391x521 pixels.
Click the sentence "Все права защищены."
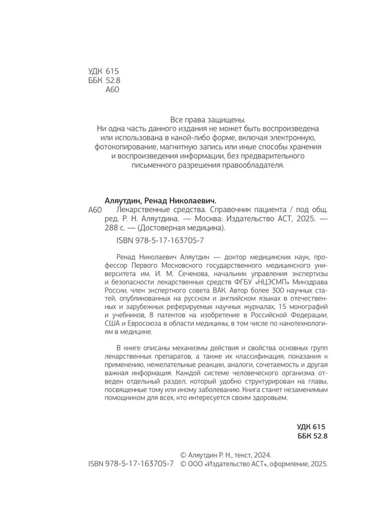[x=206, y=119]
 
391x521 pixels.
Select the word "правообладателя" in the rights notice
[x=255, y=165]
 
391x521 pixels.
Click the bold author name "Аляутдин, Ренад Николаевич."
[x=161, y=201]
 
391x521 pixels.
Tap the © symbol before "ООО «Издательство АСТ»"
[x=183, y=464]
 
